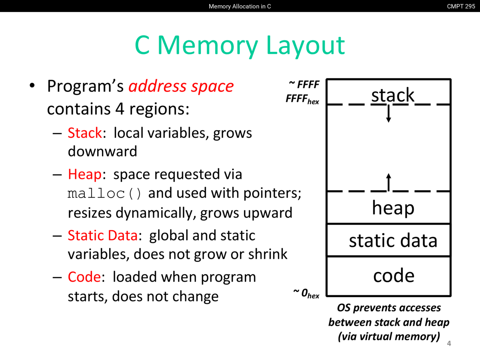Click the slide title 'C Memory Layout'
[240, 45]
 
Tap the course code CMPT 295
[461, 6]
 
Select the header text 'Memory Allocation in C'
[240, 6]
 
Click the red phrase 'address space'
[181, 86]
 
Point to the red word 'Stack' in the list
[85, 133]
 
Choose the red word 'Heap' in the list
[85, 174]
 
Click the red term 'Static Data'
[102, 235]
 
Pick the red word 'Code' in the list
[84, 277]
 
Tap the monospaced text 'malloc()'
[104, 193]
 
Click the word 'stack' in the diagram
[393, 95]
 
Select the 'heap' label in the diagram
[393, 208]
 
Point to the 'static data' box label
[393, 240]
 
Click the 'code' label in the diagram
[394, 275]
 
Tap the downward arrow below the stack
[388, 114]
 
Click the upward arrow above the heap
[388, 182]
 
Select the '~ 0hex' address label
[306, 293]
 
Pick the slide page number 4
[449, 343]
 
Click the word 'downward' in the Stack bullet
[102, 151]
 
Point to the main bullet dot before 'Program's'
[32, 85]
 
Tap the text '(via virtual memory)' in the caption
[389, 336]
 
